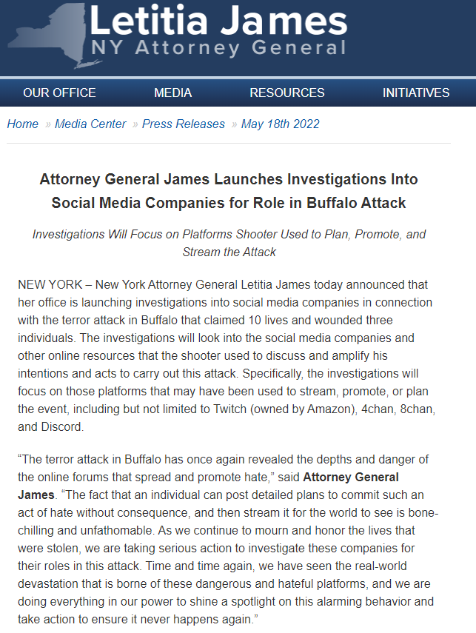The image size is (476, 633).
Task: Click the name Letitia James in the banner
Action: [218, 21]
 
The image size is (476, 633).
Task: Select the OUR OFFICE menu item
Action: [59, 93]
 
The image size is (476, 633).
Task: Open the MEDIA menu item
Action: [172, 93]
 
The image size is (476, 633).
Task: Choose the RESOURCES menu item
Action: [287, 93]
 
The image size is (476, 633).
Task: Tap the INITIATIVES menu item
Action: [416, 93]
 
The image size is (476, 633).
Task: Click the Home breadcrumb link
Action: [22, 124]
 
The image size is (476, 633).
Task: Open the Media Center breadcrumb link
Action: [90, 124]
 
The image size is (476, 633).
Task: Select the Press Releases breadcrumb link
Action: [184, 124]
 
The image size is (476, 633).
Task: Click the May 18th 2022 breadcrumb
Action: [281, 124]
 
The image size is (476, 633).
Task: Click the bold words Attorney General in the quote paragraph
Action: [351, 477]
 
